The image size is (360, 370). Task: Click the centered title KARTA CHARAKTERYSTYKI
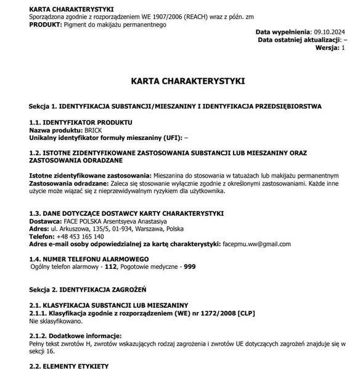(x=188, y=81)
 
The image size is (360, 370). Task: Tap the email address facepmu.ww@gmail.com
(x=256, y=244)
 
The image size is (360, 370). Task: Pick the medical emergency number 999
(x=190, y=266)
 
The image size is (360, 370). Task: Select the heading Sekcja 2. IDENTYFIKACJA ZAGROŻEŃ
(x=88, y=289)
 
